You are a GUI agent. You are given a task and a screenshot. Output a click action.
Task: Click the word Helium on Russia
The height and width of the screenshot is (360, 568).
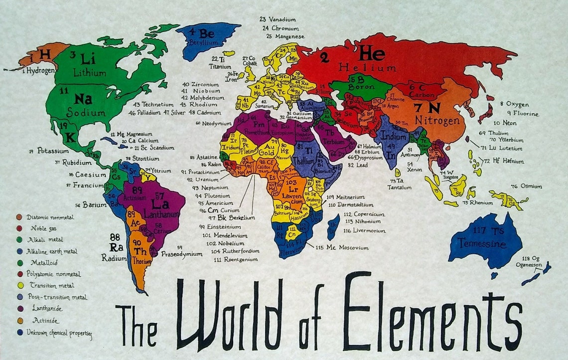(368, 67)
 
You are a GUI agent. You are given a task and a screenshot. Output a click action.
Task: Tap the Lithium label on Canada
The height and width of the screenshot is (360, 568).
(90, 73)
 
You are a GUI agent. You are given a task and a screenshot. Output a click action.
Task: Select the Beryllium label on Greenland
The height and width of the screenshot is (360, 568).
(203, 43)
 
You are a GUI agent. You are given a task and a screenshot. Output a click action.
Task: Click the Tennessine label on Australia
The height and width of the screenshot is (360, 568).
(482, 244)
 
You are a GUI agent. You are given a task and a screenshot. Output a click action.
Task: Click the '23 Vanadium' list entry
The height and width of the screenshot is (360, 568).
(278, 19)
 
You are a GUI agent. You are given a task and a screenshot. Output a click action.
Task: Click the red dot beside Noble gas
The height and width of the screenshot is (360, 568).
(19, 228)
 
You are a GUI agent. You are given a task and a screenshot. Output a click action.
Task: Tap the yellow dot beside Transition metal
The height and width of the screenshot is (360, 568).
(19, 286)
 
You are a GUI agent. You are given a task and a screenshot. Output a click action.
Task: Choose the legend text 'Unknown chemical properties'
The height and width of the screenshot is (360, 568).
(59, 332)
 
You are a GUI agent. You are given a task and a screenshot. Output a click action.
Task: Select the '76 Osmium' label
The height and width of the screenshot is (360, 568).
(526, 186)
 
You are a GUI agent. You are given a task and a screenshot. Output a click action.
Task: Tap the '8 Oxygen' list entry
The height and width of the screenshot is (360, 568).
(515, 104)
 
